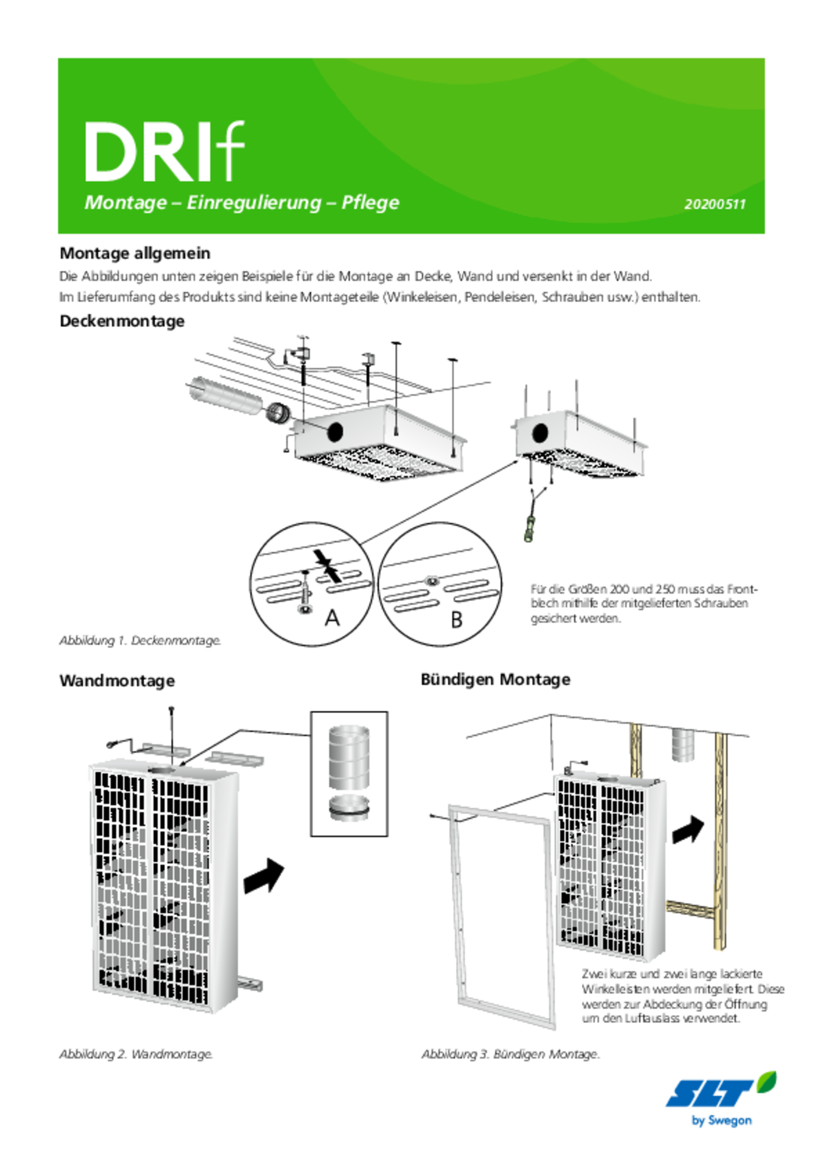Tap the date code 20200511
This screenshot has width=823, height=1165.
tap(714, 204)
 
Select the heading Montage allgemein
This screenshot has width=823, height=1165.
tap(135, 253)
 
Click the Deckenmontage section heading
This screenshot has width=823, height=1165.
tap(122, 321)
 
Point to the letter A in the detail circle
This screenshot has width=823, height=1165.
tap(332, 617)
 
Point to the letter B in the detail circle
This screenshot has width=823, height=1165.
tap(456, 620)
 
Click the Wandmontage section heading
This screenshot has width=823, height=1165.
tap(117, 681)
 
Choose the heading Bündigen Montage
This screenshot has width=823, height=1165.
tap(495, 679)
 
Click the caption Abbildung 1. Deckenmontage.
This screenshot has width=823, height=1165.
tap(140, 641)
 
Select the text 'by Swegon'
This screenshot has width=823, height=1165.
tap(722, 1121)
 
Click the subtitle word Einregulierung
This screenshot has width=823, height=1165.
tap(254, 202)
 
